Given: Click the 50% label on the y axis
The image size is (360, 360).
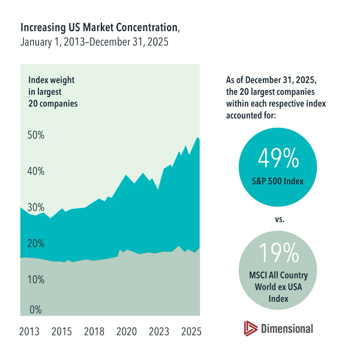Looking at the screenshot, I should tap(36, 135).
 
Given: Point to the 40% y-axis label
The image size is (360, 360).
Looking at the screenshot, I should tap(36, 171).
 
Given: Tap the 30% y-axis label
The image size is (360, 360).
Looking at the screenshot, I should tap(36, 207).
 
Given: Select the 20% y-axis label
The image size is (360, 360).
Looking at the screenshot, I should tap(36, 244).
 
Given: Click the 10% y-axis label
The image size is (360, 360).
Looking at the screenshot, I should tap(36, 280).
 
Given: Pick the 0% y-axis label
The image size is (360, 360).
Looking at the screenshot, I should tap(36, 310).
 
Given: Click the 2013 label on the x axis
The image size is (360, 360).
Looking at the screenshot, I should tap(29, 331).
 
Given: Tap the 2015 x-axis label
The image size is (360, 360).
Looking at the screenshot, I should tap(62, 331).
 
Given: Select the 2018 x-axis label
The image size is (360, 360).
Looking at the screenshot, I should tap(95, 331).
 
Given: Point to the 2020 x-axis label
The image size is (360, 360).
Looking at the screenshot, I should tap(127, 331).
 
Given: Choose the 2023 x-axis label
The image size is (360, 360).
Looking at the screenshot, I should tap(158, 331).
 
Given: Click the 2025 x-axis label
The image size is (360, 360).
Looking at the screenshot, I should tap(191, 331).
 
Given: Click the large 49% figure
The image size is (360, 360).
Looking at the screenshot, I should tap(278, 158).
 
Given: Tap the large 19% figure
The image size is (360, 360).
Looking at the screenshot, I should tap(278, 253).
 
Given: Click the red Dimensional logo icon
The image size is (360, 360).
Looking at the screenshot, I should tap(250, 328).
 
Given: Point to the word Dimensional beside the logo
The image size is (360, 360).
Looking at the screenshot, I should tap(287, 328).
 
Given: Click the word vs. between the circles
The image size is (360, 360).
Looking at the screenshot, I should tap(278, 219).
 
